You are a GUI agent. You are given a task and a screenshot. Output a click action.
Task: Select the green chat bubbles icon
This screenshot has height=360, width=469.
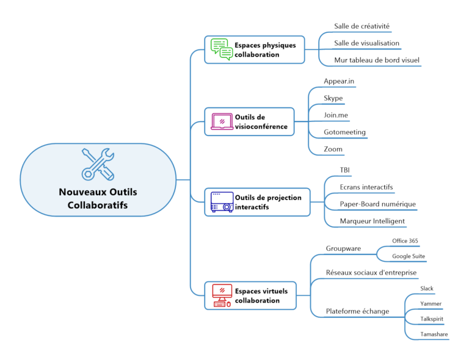(222, 49)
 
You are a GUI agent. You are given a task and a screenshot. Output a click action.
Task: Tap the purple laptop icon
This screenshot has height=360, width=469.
(222, 121)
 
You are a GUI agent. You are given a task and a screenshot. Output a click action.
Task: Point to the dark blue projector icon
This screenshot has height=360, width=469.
(222, 202)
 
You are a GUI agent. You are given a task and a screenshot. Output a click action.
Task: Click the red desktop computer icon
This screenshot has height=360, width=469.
(222, 295)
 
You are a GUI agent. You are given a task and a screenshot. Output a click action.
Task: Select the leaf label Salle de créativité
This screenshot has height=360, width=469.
(362, 26)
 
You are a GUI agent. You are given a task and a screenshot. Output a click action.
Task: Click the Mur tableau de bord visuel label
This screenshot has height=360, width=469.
(377, 60)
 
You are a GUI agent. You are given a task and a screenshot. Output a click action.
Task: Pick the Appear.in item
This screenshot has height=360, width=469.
(339, 81)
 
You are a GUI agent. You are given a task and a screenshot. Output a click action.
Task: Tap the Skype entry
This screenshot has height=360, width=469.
(333, 98)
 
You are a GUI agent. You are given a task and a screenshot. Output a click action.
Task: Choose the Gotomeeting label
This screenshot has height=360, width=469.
(345, 132)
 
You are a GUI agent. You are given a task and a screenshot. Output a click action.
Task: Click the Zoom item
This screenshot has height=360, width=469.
(333, 149)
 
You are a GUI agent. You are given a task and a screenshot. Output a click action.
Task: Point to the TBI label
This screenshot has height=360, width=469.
(345, 170)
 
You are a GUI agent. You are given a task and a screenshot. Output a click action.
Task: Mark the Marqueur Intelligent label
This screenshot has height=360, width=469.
(373, 221)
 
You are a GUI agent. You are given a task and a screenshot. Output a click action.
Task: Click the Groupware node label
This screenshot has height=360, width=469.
(344, 249)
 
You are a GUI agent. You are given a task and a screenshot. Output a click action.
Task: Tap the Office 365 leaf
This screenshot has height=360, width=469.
(405, 241)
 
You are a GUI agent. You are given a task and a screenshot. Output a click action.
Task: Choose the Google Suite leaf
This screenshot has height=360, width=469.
(409, 256)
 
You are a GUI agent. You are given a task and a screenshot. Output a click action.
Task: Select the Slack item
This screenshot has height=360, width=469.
(427, 288)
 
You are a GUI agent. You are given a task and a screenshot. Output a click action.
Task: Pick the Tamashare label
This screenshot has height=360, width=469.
(434, 334)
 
